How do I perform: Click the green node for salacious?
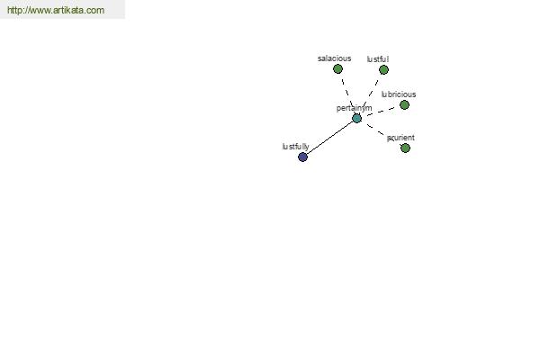[337, 69]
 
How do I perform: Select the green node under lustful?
[383, 70]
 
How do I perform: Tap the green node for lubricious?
[404, 104]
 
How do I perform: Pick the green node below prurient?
[405, 148]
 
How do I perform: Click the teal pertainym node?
[356, 119]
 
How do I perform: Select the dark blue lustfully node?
[302, 157]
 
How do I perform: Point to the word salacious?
[335, 58]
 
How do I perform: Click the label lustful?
[378, 59]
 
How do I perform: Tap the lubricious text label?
[399, 94]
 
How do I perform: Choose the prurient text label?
[400, 138]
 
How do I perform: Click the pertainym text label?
[354, 108]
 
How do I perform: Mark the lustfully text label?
[295, 147]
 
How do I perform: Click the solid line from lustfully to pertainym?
[330, 138]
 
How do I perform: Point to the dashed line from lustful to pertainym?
[369, 93]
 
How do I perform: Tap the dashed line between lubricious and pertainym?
[380, 112]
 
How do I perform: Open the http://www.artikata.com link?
[56, 10]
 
